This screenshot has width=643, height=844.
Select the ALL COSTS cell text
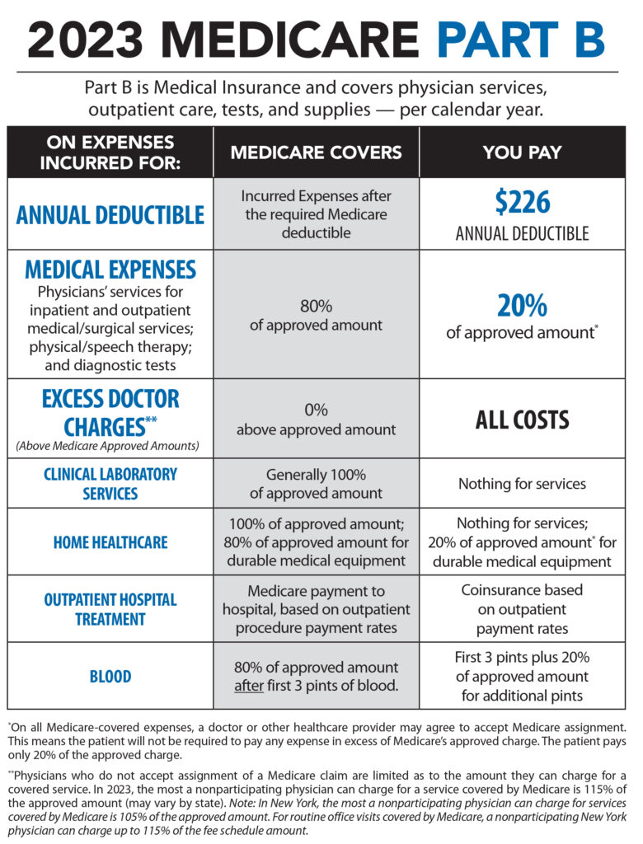(x=523, y=420)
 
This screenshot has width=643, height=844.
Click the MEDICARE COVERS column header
(x=317, y=152)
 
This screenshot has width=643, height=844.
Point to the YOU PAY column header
(x=523, y=152)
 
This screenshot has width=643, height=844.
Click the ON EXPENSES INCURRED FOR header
(x=110, y=152)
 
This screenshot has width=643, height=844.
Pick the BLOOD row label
(x=110, y=677)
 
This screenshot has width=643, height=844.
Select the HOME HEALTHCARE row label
(x=110, y=542)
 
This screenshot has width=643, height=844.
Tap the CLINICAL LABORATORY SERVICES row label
(x=110, y=484)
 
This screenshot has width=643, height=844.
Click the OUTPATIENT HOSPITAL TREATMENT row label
(x=110, y=609)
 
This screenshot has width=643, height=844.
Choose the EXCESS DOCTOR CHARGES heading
(x=110, y=412)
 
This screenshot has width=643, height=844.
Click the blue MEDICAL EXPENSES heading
(x=110, y=270)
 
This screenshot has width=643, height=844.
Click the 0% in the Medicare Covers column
(x=316, y=410)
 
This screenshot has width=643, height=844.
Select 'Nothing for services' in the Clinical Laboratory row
(x=523, y=484)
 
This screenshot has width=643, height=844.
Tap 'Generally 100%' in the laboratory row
(x=316, y=475)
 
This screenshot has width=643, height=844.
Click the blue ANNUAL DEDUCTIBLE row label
(x=110, y=215)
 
